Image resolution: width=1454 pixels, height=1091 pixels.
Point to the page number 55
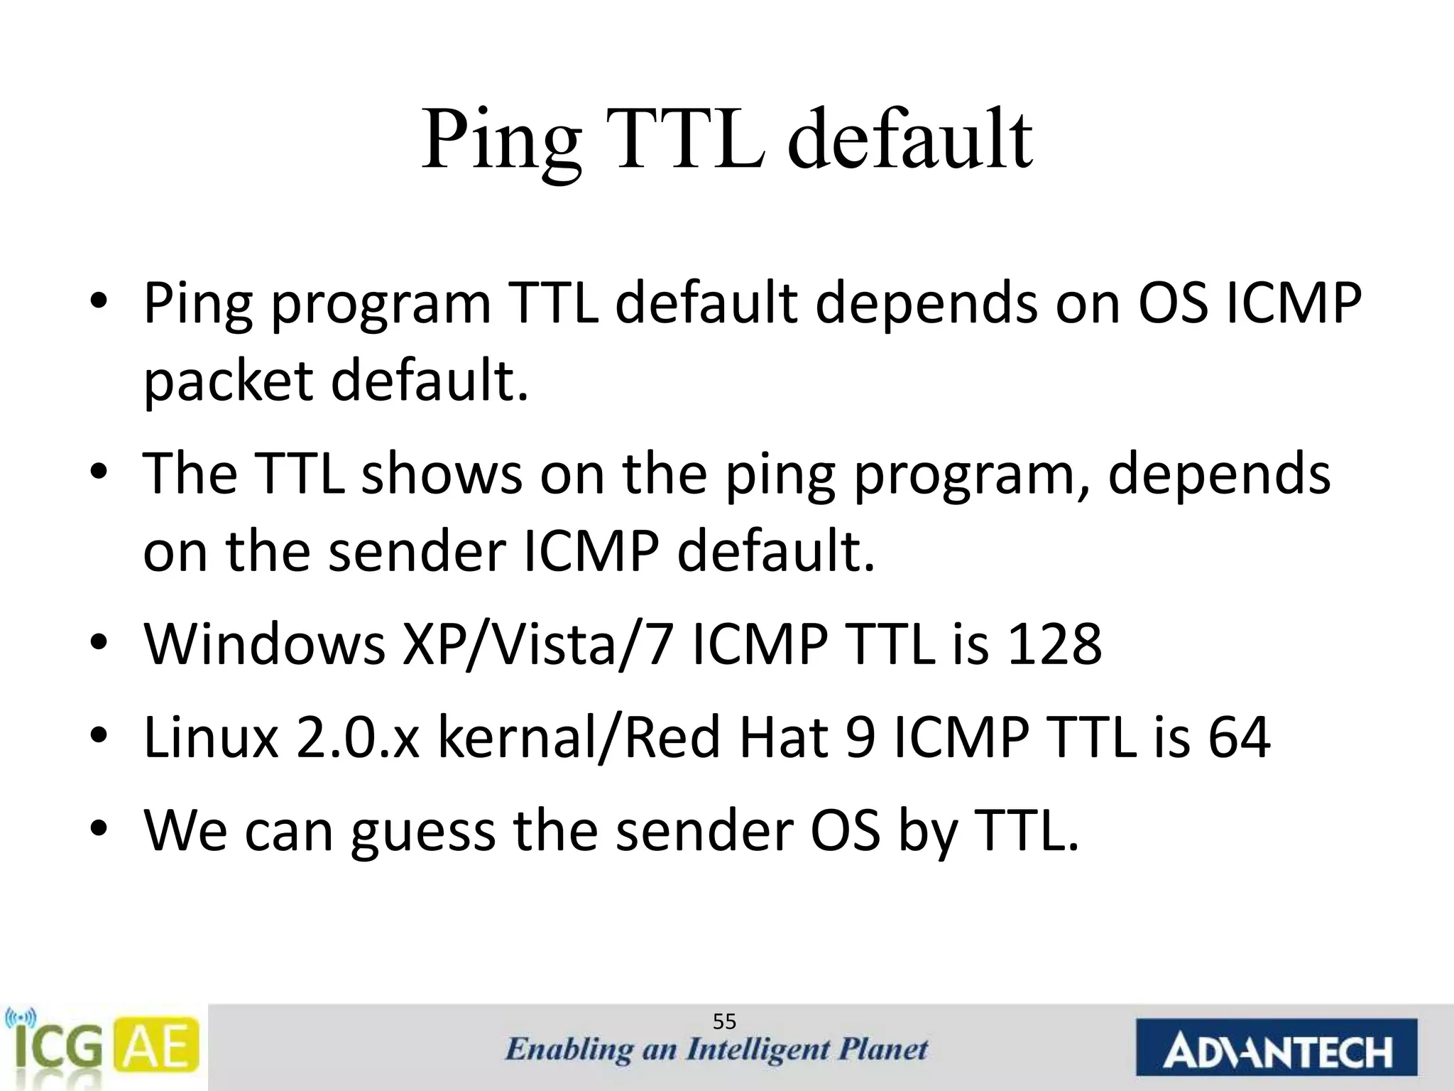click(724, 1022)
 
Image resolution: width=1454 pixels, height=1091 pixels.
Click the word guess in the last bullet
click(423, 831)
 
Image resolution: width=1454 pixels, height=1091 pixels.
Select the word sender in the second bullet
click(417, 550)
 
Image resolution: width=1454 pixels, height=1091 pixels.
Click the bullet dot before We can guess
click(99, 829)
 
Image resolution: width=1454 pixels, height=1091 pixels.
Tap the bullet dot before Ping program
click(99, 302)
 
